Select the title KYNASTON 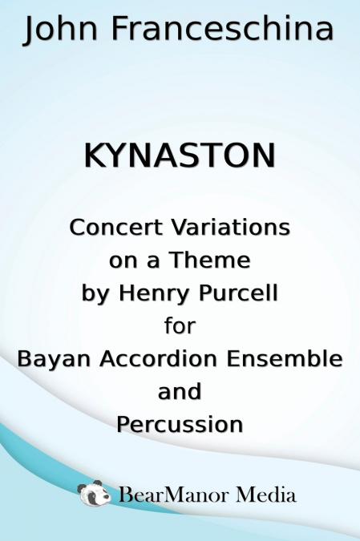tap(180, 155)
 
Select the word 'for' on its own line tap(180, 326)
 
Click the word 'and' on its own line tap(180, 392)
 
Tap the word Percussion tap(180, 424)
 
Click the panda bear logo tap(95, 494)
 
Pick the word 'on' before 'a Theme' tap(122, 261)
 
